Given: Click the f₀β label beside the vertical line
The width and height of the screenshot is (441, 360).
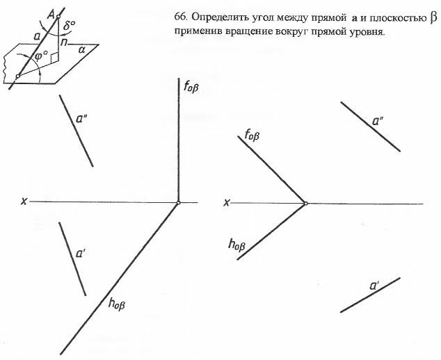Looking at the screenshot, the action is point(191,88).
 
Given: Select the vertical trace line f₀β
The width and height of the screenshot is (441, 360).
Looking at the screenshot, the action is point(179,139).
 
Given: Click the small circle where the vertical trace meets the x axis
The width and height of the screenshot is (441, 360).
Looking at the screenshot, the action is point(179,203).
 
